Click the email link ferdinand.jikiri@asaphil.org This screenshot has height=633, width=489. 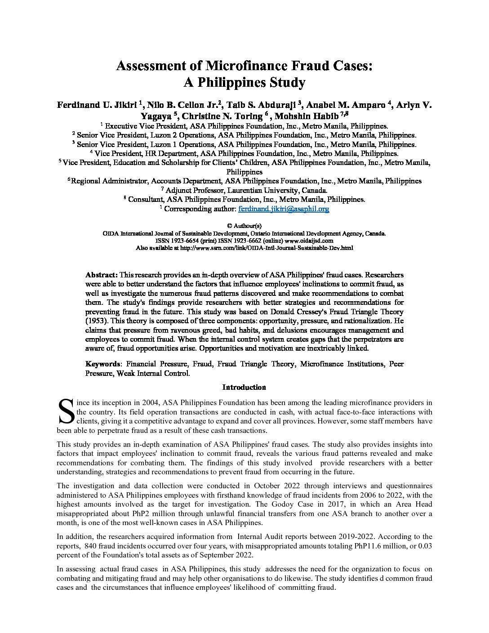point(284,209)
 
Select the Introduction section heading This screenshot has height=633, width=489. point(244,387)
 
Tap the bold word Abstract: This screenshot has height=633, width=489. point(102,275)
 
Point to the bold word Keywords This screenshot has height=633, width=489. point(102,364)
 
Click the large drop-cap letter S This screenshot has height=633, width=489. point(66,412)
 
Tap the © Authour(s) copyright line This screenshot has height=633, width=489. point(244,226)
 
